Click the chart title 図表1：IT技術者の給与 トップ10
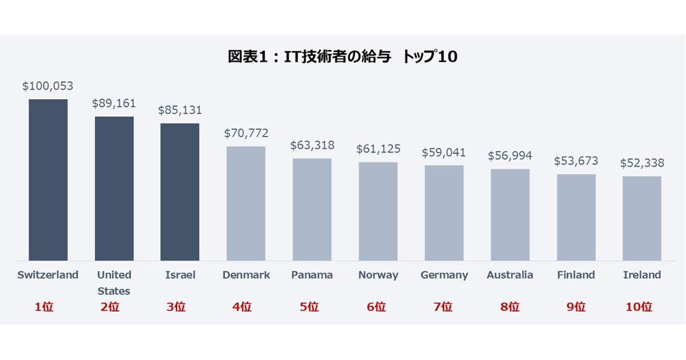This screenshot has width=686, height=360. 343,57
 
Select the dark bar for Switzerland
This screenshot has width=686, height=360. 48,180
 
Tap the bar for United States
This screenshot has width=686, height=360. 114,189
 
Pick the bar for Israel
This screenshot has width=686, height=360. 180,192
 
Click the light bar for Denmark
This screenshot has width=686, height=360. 246,203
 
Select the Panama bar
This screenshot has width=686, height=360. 312,209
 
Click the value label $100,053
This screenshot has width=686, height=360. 48,86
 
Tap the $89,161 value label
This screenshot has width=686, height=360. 114,103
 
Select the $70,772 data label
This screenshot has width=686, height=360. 246,133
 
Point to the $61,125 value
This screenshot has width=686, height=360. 378,149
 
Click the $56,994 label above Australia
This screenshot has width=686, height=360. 510,155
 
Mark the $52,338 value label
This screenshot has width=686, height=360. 642,163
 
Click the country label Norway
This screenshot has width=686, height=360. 378,275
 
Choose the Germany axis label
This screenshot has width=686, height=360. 444,275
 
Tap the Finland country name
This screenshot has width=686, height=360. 576,275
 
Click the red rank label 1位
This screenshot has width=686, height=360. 44,307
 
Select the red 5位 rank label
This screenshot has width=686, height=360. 310,307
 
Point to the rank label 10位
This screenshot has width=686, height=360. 639,307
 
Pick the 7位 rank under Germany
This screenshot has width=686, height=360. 442,307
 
